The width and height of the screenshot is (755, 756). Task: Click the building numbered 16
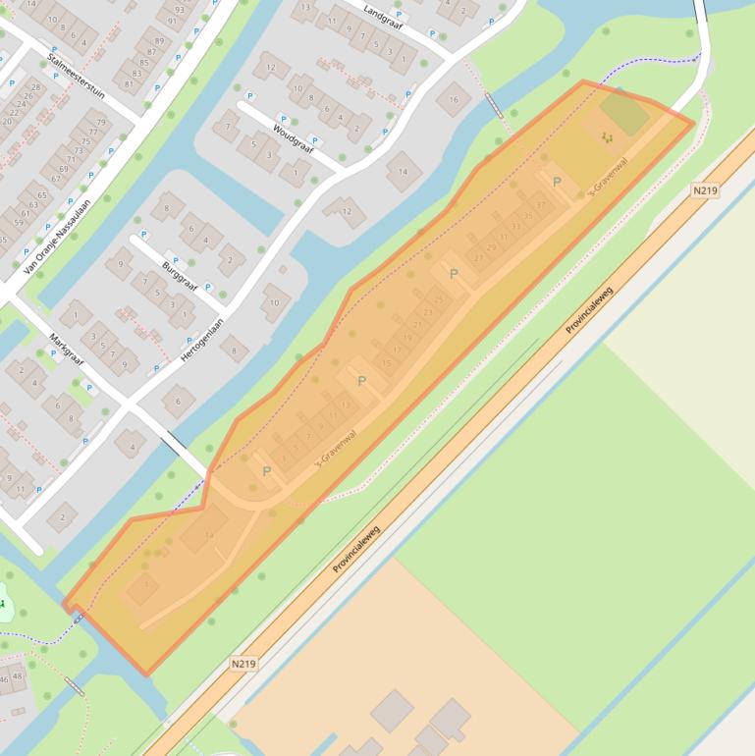(454, 98)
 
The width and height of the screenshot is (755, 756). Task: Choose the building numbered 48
(18, 676)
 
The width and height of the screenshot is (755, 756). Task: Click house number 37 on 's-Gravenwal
(540, 205)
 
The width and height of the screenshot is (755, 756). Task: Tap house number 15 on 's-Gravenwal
(387, 363)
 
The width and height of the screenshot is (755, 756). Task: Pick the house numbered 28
(37, 88)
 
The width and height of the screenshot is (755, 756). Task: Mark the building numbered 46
(4, 678)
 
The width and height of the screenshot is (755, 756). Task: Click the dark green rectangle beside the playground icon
(625, 113)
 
